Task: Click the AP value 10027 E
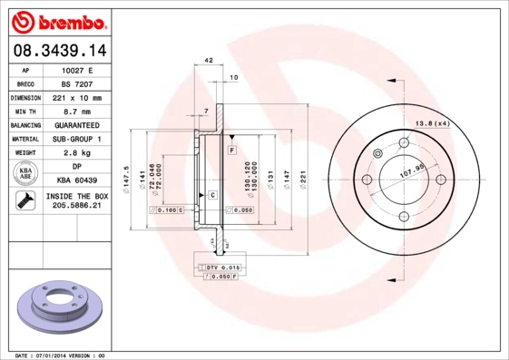[x=76, y=69]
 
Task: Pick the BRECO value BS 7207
[x=76, y=83]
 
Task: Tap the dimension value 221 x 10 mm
[x=76, y=97]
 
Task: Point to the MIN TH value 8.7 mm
[x=76, y=111]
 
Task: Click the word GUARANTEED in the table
[x=76, y=124]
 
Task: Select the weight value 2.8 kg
[x=76, y=153]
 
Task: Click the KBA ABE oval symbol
[x=25, y=174]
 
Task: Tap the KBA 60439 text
[x=76, y=180]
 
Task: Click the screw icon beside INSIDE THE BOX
[x=25, y=201]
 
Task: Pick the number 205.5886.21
[x=76, y=207]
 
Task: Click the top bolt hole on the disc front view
[x=404, y=142]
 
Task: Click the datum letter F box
[x=232, y=149]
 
